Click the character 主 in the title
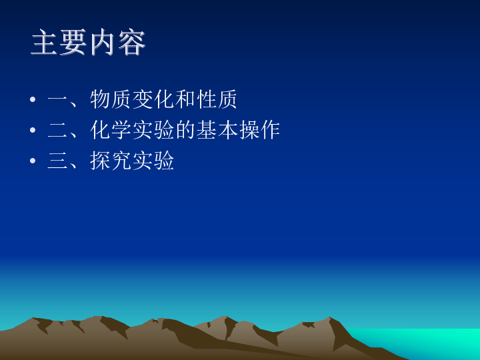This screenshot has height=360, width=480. tap(44, 42)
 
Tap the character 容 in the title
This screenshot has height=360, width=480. tap(131, 42)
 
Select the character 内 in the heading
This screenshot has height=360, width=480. tap(103, 42)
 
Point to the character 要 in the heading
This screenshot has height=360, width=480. tap(73, 42)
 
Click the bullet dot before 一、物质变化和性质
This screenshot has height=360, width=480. tap(33, 99)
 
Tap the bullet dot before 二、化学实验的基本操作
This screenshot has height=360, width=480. tap(33, 130)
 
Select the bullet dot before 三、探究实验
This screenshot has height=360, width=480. tap(33, 161)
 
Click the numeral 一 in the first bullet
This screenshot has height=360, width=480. tap(57, 99)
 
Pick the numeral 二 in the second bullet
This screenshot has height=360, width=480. tap(57, 130)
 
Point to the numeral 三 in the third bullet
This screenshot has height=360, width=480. tap(57, 161)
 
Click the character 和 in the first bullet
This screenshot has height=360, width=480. tap(185, 99)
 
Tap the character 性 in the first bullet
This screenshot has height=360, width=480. tap(206, 99)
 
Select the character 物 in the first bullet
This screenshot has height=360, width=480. tap(100, 99)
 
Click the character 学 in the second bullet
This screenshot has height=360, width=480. tap(121, 130)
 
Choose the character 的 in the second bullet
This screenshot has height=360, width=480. tap(185, 130)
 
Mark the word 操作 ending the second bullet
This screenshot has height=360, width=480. tap(259, 130)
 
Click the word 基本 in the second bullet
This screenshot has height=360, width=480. tap(217, 130)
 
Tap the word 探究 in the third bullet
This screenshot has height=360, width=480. tap(111, 161)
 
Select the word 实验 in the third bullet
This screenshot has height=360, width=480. tap(153, 161)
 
